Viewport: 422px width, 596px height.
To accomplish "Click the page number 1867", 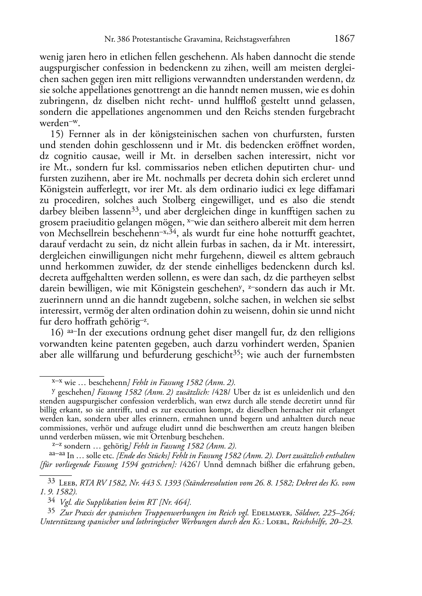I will coord(345,39).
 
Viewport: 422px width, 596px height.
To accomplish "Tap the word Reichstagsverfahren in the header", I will coord(258,40).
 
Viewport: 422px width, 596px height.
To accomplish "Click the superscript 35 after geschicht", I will coord(238,352).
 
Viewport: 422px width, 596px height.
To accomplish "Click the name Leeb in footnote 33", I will coord(68,483).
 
